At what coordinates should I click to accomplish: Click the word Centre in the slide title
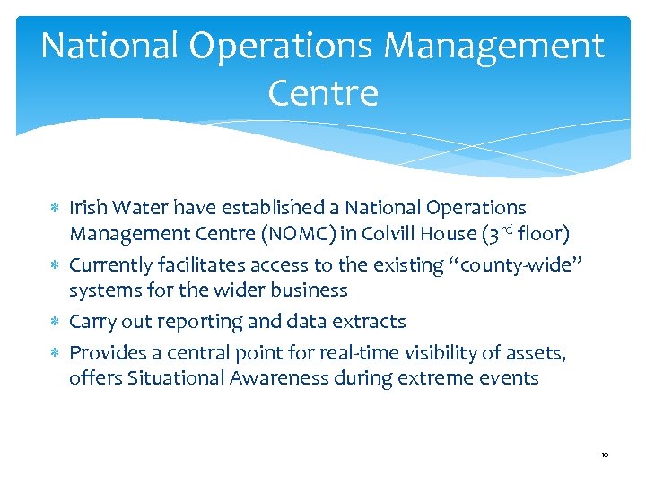(x=322, y=91)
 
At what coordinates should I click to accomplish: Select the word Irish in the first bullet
(x=88, y=208)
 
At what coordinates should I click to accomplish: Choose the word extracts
(x=371, y=321)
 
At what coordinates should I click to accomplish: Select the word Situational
(x=177, y=377)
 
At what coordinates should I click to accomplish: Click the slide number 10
(x=606, y=455)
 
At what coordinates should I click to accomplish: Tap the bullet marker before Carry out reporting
(x=57, y=322)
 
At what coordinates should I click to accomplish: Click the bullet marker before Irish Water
(x=57, y=209)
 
